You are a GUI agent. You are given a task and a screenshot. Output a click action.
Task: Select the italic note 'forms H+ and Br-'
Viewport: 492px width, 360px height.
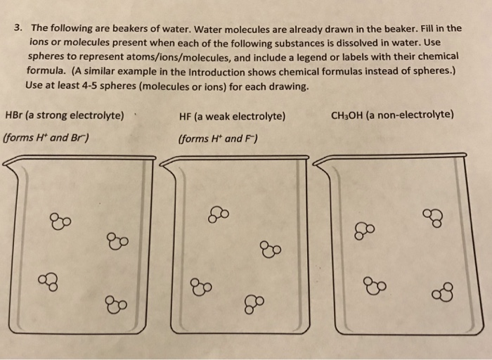pos(46,137)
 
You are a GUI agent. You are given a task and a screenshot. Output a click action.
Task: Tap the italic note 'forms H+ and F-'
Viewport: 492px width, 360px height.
pos(219,138)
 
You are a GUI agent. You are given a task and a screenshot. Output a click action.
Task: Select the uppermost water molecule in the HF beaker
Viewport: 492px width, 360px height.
pos(218,212)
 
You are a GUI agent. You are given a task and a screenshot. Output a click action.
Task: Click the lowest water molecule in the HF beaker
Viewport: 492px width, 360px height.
pos(252,304)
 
